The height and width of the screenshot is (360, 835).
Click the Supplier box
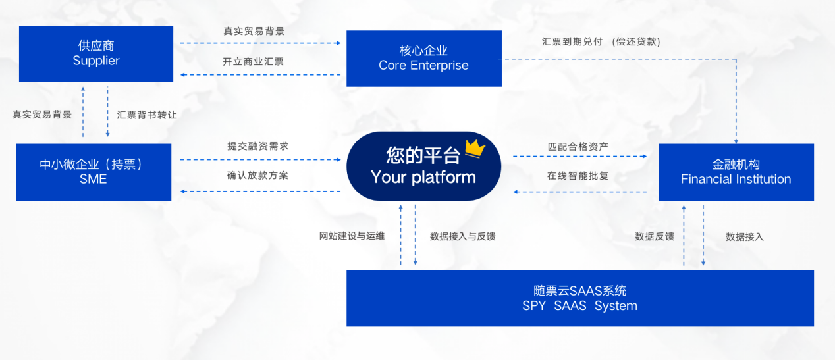(96, 53)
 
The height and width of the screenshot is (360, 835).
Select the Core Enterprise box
(423, 58)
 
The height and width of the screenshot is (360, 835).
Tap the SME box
(94, 172)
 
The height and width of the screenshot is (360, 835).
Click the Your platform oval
(423, 167)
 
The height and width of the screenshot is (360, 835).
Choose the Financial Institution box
(736, 172)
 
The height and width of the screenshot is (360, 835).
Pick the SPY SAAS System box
(579, 298)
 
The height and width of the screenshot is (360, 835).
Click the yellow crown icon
(475, 149)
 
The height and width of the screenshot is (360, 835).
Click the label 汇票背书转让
(147, 114)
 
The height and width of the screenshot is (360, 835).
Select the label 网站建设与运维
(352, 236)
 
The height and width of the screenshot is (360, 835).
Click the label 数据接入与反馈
(462, 236)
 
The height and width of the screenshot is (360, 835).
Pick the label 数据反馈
(654, 236)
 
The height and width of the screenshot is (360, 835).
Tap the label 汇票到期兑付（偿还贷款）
(601, 41)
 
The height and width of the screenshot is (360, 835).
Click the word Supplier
(96, 61)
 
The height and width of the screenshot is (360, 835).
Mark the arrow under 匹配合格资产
(579, 157)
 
